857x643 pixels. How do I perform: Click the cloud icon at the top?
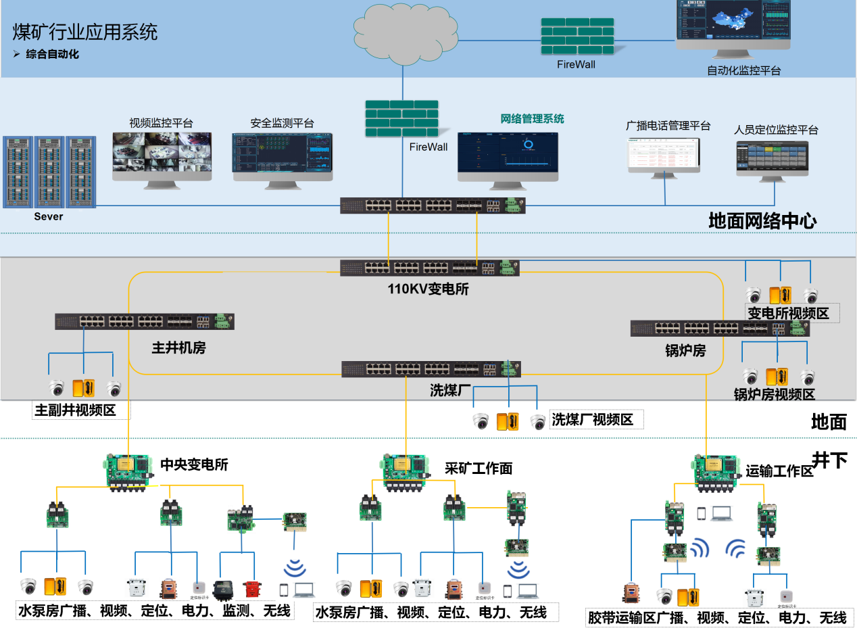tap(403, 33)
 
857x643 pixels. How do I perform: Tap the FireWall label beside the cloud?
tap(577, 64)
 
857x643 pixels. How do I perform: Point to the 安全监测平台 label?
tap(282, 123)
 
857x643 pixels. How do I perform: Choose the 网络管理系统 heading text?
tap(532, 119)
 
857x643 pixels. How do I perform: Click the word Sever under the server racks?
tap(49, 216)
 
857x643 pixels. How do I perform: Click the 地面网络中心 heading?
tap(762, 221)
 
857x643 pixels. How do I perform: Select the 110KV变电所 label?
tap(428, 289)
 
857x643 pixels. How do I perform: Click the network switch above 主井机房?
tap(145, 322)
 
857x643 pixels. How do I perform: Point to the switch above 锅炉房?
tap(720, 329)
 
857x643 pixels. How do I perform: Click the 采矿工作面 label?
tap(479, 468)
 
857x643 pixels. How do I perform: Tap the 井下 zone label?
tap(829, 460)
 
